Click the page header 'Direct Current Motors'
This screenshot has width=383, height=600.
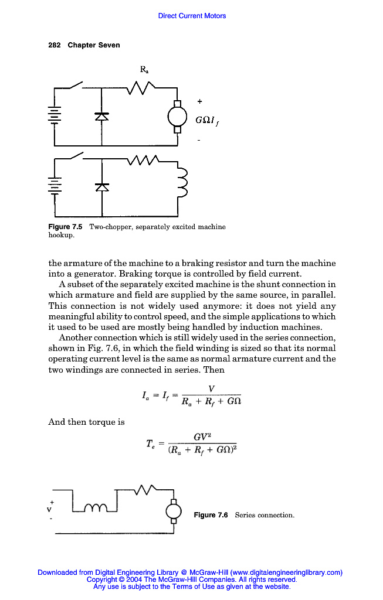click(192, 16)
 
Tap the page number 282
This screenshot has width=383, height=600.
click(54, 45)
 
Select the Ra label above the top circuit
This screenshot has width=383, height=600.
click(144, 70)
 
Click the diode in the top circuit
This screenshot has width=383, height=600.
click(102, 117)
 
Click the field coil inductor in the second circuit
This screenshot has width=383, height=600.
click(181, 182)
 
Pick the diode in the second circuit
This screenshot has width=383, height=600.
click(102, 186)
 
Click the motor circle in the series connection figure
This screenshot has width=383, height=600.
click(174, 511)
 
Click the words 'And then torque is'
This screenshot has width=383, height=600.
click(86, 422)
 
